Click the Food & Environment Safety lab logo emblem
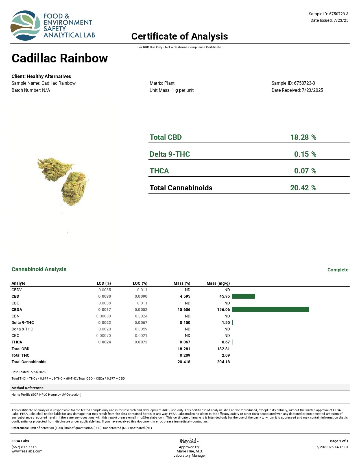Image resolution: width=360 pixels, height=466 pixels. coord(25,26)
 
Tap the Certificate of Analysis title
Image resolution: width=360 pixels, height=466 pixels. coord(180,36)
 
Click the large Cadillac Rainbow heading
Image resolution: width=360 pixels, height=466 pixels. coord(60,58)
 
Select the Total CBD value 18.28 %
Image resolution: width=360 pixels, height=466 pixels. coord(303,137)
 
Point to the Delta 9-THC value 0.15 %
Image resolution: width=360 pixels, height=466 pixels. coord(305,154)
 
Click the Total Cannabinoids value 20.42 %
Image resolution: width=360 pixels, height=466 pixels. coord(303,188)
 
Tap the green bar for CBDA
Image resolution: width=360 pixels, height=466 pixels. coord(270,310)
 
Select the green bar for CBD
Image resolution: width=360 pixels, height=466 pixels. coord(243,296)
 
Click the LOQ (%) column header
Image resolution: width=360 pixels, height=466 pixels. coord(140,283)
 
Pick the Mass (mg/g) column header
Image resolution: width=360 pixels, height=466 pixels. coord(218,283)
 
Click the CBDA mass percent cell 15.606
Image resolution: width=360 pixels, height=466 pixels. coord(184,310)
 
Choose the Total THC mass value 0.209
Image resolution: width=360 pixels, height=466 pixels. coord(185,355)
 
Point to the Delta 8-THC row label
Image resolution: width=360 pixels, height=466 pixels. coord(22,329)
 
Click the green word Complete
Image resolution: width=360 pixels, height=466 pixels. coord(338,270)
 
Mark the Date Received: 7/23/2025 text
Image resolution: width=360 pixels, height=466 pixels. coord(297,90)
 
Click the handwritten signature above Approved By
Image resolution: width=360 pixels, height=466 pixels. coord(189,441)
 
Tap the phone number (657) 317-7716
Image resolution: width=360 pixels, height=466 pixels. coord(24,447)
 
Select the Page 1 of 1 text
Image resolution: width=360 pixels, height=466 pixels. coord(339,441)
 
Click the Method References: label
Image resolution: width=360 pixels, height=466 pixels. coord(28,388)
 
